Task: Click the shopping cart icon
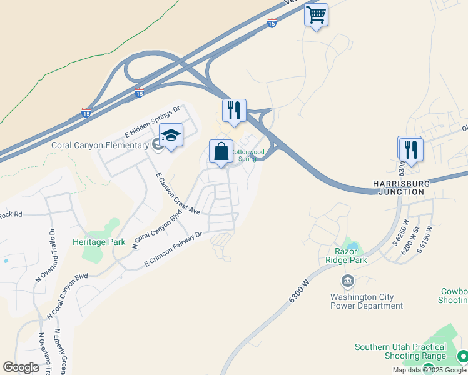pos(317,14)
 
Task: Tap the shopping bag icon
pos(221,151)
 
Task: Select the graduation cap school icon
pos(170,135)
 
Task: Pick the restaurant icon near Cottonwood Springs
pos(235,111)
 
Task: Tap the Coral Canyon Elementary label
pos(99,146)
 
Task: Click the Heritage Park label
pos(99,242)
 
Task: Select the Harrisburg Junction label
pos(399,187)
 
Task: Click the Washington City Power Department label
pos(367,301)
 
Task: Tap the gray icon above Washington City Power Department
pos(347,282)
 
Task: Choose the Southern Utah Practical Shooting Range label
pos(400,351)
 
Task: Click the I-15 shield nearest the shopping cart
pos(272,23)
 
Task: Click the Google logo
pos(21,367)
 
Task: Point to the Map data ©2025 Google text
pos(430,370)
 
